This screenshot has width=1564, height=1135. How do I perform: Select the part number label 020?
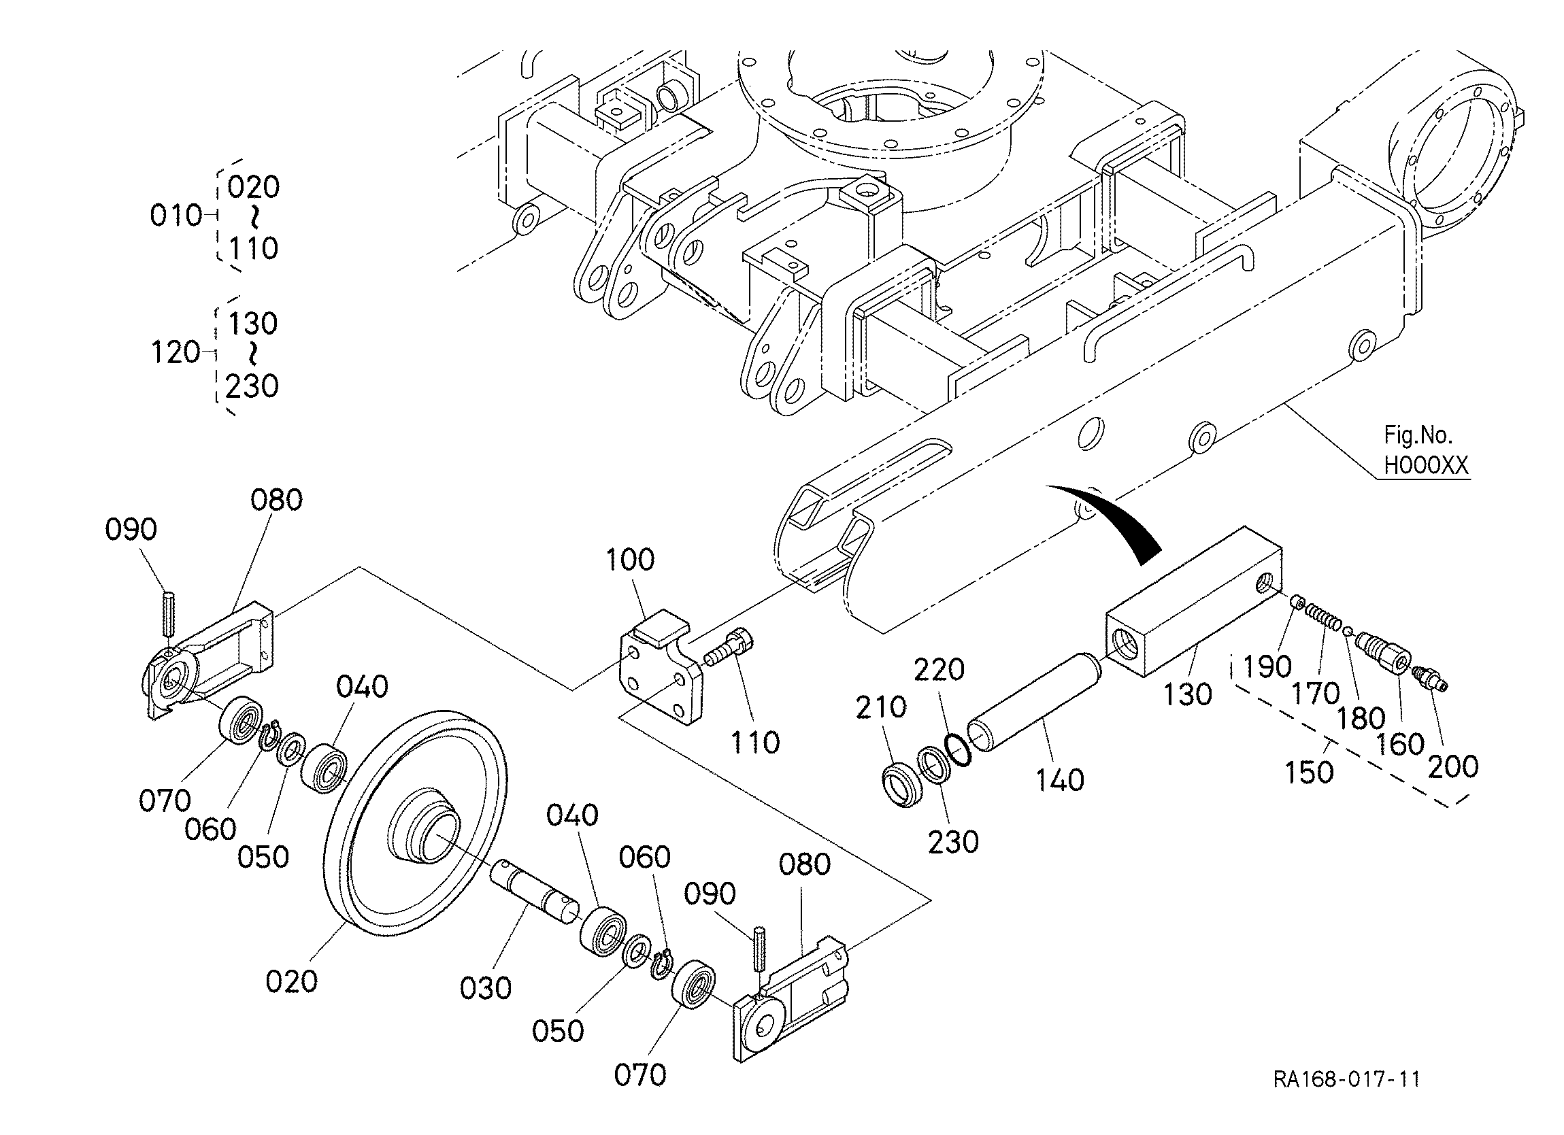point(292,981)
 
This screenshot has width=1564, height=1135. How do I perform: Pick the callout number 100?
point(629,560)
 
